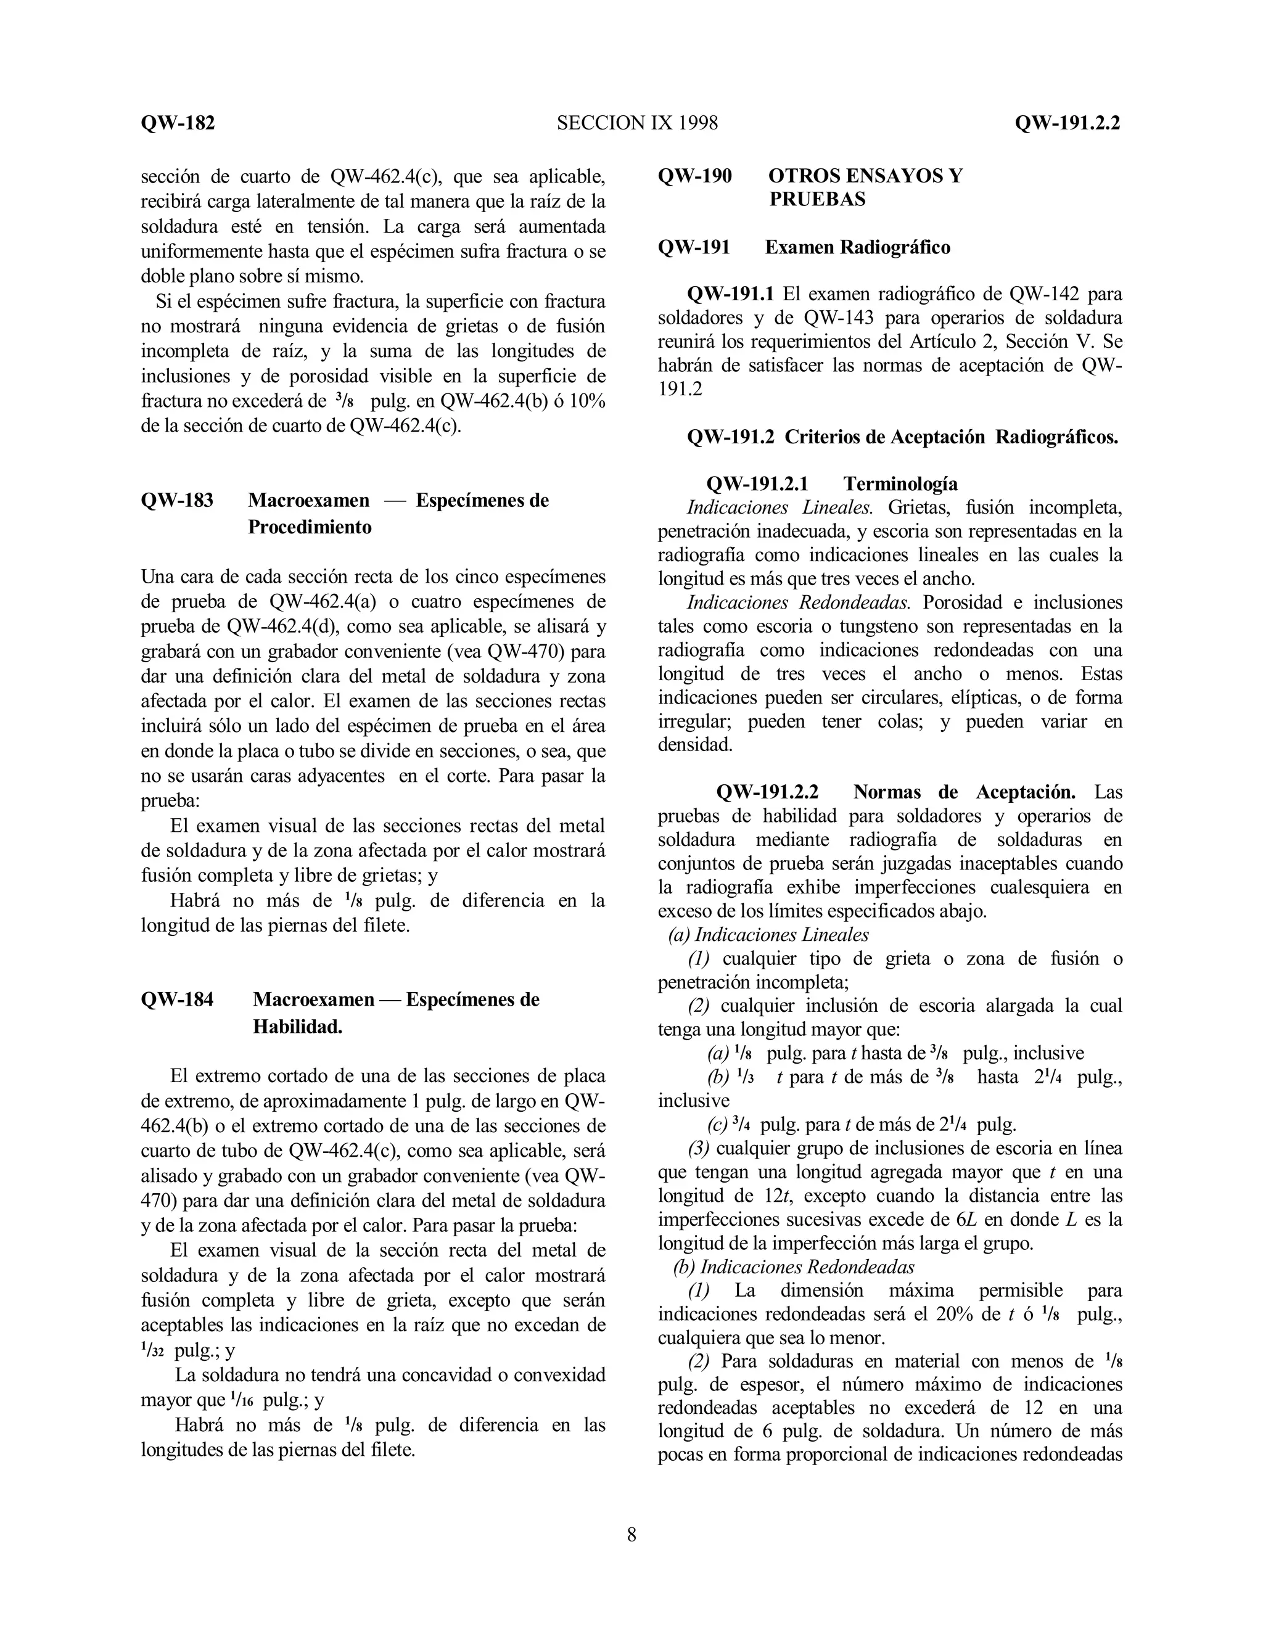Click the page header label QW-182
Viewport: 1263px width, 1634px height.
coord(178,123)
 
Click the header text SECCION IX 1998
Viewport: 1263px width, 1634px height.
coord(636,123)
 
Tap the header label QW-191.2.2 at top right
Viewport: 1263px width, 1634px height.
coord(1067,123)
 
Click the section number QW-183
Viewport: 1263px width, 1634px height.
coord(178,501)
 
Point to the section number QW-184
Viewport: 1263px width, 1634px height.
coord(178,1000)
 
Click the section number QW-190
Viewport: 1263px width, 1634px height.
coord(694,176)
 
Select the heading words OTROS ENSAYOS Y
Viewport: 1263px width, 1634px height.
coord(865,176)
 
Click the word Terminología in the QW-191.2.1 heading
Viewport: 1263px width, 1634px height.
coord(900,483)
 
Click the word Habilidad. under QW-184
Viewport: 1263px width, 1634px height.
coord(297,1027)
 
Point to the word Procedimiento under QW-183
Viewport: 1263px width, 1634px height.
coord(309,527)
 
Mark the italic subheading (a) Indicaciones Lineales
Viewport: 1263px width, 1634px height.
coord(768,934)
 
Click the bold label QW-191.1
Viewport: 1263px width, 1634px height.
coord(730,294)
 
